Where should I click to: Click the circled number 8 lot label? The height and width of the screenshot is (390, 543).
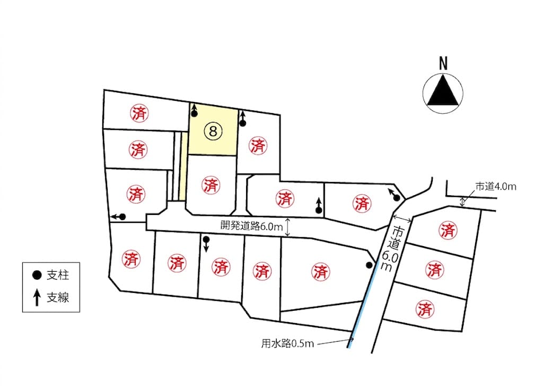[x=213, y=132]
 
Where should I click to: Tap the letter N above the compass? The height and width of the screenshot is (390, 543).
[x=443, y=64]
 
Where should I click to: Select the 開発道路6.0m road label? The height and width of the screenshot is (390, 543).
[x=252, y=226]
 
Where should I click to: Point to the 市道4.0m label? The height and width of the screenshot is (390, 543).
[x=496, y=186]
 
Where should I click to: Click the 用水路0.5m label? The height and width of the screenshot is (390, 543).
[x=287, y=343]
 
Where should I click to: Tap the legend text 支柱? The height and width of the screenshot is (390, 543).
[x=58, y=275]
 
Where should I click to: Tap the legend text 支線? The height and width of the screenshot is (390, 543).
[x=58, y=298]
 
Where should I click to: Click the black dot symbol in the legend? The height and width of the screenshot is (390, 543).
[x=37, y=275]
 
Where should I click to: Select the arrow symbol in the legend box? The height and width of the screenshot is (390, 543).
[x=37, y=298]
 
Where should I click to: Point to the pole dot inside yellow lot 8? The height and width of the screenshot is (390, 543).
[x=194, y=114]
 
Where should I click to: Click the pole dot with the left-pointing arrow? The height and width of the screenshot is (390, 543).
[x=122, y=216]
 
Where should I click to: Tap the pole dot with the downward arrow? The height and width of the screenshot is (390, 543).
[x=206, y=239]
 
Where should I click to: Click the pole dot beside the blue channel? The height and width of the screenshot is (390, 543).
[x=370, y=265]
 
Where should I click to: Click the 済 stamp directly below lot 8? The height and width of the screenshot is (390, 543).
[x=211, y=185]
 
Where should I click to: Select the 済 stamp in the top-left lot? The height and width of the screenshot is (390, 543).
[x=139, y=113]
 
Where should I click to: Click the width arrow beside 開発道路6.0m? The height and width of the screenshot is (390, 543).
[x=287, y=227]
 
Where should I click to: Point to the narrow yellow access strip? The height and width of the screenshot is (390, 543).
[x=183, y=166]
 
